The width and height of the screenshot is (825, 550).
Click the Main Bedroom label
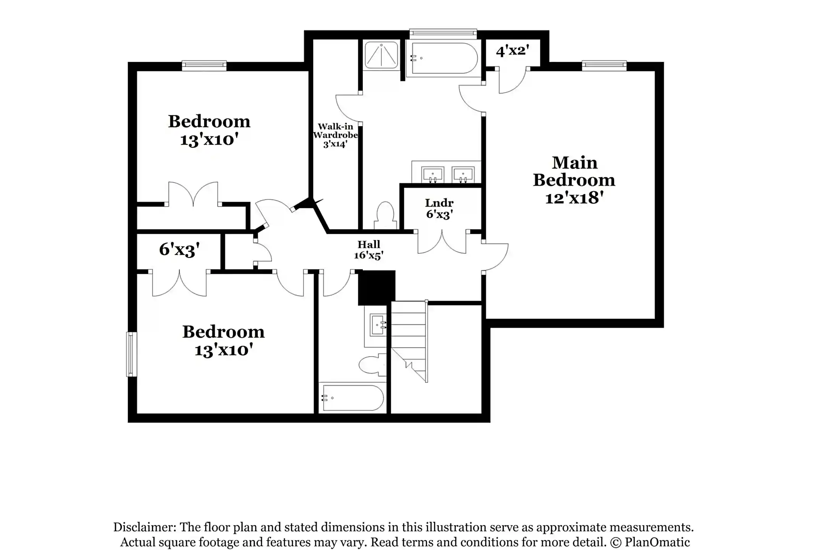tap(574, 180)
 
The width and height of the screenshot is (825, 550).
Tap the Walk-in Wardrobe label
tap(335, 135)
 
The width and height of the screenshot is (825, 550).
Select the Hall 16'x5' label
tap(369, 250)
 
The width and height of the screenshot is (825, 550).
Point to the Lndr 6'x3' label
tap(439, 209)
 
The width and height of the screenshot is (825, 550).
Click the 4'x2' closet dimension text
tap(512, 50)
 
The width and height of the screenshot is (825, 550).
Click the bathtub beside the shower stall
tap(443, 58)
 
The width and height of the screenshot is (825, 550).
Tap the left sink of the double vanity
tap(432, 175)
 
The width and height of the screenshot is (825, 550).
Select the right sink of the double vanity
tap(463, 175)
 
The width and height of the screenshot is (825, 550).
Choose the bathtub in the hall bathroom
tap(352, 398)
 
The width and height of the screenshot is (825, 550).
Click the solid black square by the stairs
tap(376, 287)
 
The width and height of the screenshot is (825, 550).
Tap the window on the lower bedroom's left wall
tap(131, 354)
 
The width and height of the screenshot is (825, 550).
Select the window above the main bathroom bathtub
tap(443, 34)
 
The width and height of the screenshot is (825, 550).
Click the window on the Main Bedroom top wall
tap(604, 65)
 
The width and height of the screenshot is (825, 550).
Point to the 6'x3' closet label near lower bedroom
tap(179, 250)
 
